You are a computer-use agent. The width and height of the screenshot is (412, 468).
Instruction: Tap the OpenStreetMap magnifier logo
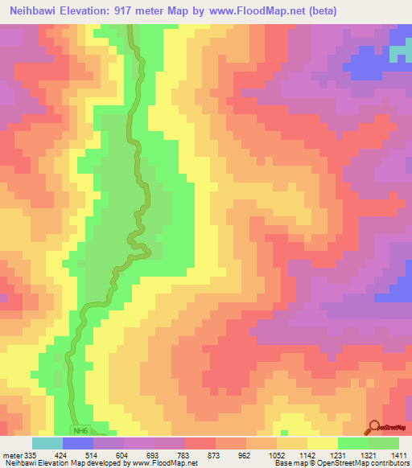(376, 426)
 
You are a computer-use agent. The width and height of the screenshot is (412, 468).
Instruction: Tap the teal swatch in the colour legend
(47, 442)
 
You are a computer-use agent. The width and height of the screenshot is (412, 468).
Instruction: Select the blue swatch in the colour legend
(78, 442)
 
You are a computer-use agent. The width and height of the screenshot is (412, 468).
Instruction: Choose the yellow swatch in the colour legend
(323, 442)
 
